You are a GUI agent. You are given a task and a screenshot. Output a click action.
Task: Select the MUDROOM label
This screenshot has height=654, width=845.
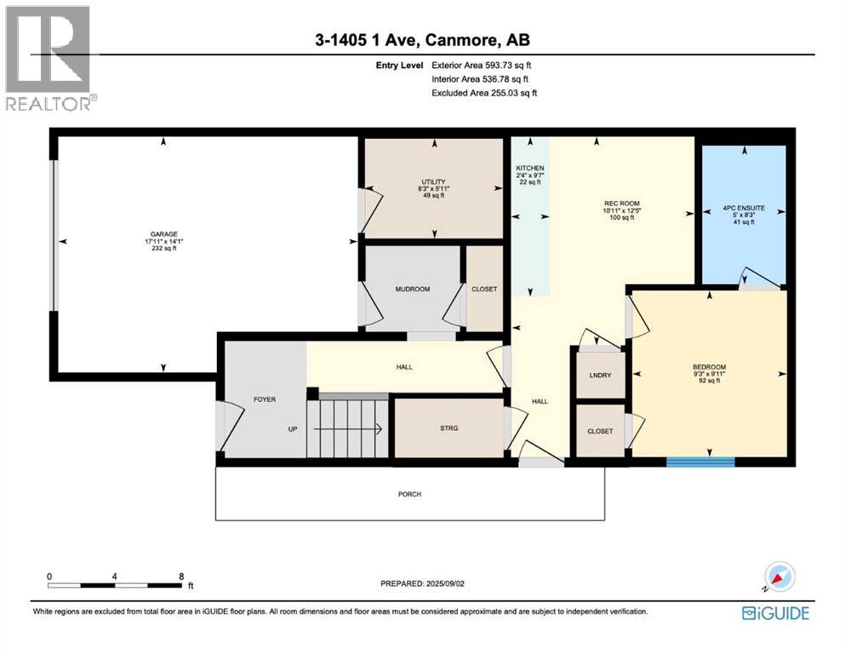(412, 289)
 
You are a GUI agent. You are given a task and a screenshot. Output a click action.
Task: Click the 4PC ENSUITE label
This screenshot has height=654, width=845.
(744, 205)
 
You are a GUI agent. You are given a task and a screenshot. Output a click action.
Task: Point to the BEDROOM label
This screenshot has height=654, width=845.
(709, 368)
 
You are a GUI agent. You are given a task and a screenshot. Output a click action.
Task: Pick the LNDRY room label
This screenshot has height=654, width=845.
(599, 376)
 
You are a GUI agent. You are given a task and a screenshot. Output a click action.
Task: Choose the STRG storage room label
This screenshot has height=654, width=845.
(448, 428)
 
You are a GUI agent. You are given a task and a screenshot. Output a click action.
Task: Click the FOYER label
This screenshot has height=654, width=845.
(265, 399)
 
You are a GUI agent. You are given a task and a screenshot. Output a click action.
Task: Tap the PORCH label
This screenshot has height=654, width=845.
(409, 494)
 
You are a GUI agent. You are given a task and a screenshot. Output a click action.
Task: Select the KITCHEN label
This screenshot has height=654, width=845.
(529, 169)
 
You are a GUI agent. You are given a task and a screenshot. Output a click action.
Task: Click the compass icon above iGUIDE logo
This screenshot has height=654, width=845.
(779, 577)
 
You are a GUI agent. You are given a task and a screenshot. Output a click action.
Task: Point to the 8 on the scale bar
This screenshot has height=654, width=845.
(181, 577)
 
